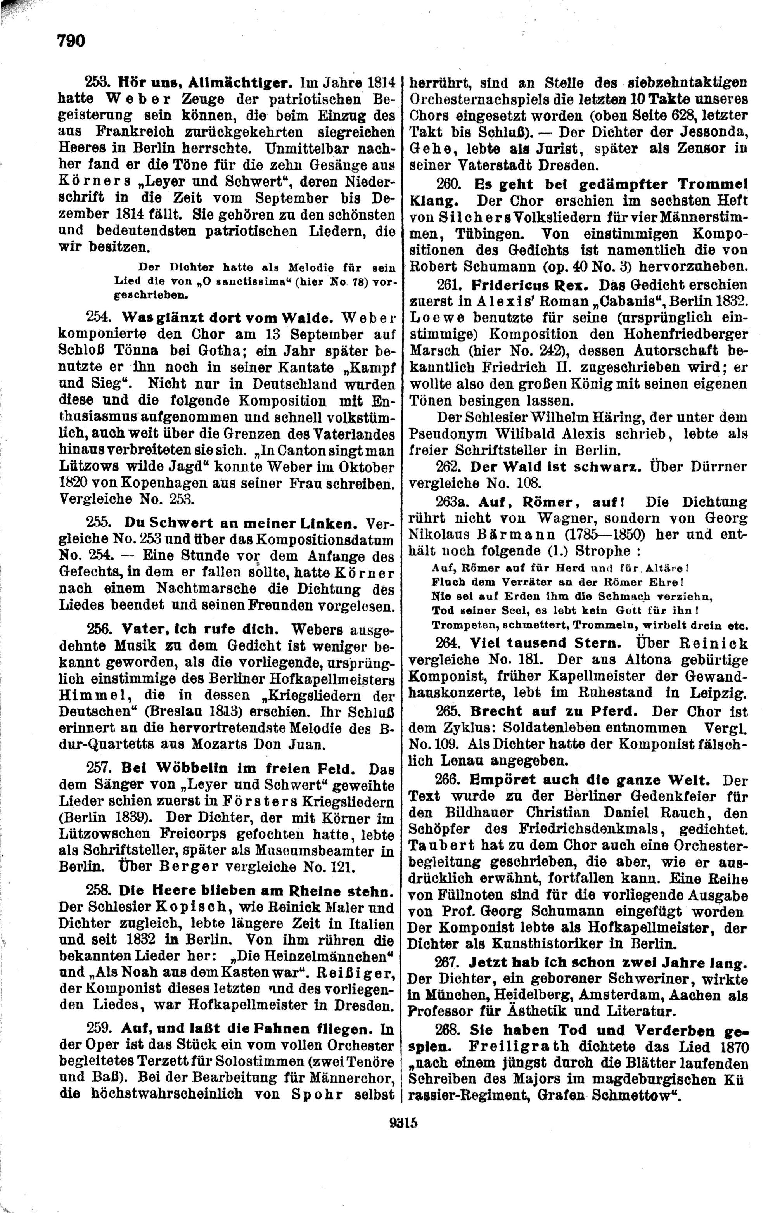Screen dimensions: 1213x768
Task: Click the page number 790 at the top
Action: [x=71, y=40]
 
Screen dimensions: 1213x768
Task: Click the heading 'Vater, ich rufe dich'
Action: [x=199, y=629]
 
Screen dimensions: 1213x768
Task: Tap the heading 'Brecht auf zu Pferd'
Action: [x=554, y=711]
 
